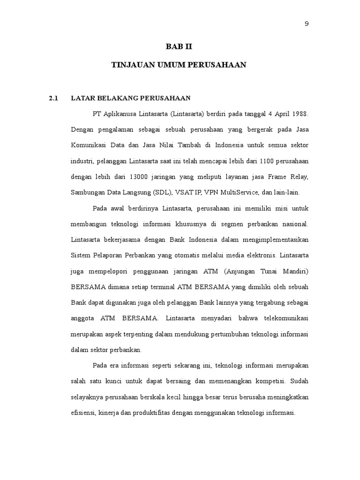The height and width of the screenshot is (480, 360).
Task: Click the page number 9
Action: pyautogui.click(x=307, y=24)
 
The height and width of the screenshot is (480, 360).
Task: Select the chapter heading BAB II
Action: pyautogui.click(x=179, y=47)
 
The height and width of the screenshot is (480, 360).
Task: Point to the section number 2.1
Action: pyautogui.click(x=53, y=98)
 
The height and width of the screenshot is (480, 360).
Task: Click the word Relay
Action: pyautogui.click(x=299, y=177)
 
